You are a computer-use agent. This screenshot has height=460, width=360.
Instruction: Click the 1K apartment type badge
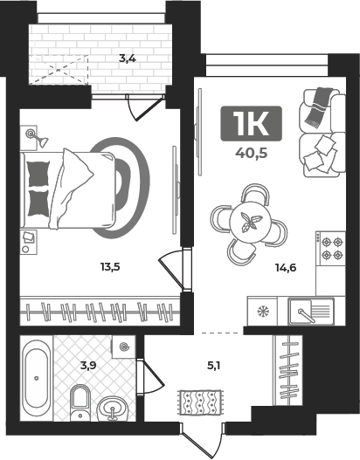(x=252, y=123)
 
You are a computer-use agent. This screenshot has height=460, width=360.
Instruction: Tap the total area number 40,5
(x=252, y=153)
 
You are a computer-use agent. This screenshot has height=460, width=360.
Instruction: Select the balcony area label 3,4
(x=128, y=58)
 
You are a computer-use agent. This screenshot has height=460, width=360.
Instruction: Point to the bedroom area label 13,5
(x=110, y=267)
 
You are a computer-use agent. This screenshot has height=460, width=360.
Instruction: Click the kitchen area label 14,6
(x=286, y=267)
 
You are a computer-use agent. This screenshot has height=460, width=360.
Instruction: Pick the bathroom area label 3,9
(x=88, y=366)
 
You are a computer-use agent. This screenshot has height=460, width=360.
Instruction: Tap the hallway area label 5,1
(x=214, y=366)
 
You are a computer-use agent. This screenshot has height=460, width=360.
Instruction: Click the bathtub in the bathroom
(x=37, y=379)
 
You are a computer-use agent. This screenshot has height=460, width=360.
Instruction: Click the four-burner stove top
(x=330, y=248)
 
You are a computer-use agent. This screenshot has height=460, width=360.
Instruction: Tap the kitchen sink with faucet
(x=311, y=312)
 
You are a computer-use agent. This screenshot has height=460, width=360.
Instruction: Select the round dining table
(x=250, y=222)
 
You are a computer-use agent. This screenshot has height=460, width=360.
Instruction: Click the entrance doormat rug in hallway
(x=201, y=402)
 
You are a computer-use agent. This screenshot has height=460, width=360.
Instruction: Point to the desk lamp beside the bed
(x=37, y=138)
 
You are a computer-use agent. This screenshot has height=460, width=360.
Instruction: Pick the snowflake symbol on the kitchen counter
(x=262, y=312)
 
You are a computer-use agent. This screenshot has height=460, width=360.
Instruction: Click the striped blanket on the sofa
(x=319, y=107)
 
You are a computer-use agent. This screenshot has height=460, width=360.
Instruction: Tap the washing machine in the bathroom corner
(x=124, y=347)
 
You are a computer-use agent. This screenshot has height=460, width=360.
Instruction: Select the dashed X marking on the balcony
(x=59, y=70)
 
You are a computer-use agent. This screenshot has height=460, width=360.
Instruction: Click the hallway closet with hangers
(x=287, y=370)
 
